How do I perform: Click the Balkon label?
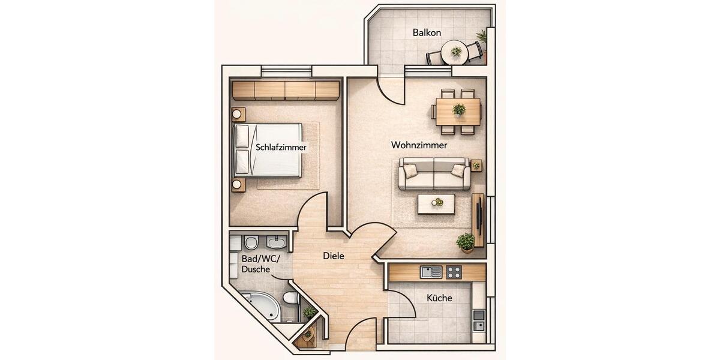tap(427, 32)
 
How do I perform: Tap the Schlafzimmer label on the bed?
tap(281, 147)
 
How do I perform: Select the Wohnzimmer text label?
tap(419, 145)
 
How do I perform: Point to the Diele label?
tap(334, 256)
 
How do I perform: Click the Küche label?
tap(439, 298)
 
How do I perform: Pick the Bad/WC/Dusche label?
tap(256, 264)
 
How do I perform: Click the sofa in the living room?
tap(434, 174)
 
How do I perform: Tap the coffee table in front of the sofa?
tap(436, 203)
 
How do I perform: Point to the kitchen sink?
tap(431, 272)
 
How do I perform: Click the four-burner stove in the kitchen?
tap(454, 272)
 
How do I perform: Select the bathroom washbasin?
tap(277, 243)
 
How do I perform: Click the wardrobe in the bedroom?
tap(286, 90)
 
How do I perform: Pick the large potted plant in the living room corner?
tap(466, 242)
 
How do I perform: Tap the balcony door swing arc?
tap(390, 90)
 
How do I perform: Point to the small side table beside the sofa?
tap(476, 166)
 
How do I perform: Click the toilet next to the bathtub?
tap(290, 298)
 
